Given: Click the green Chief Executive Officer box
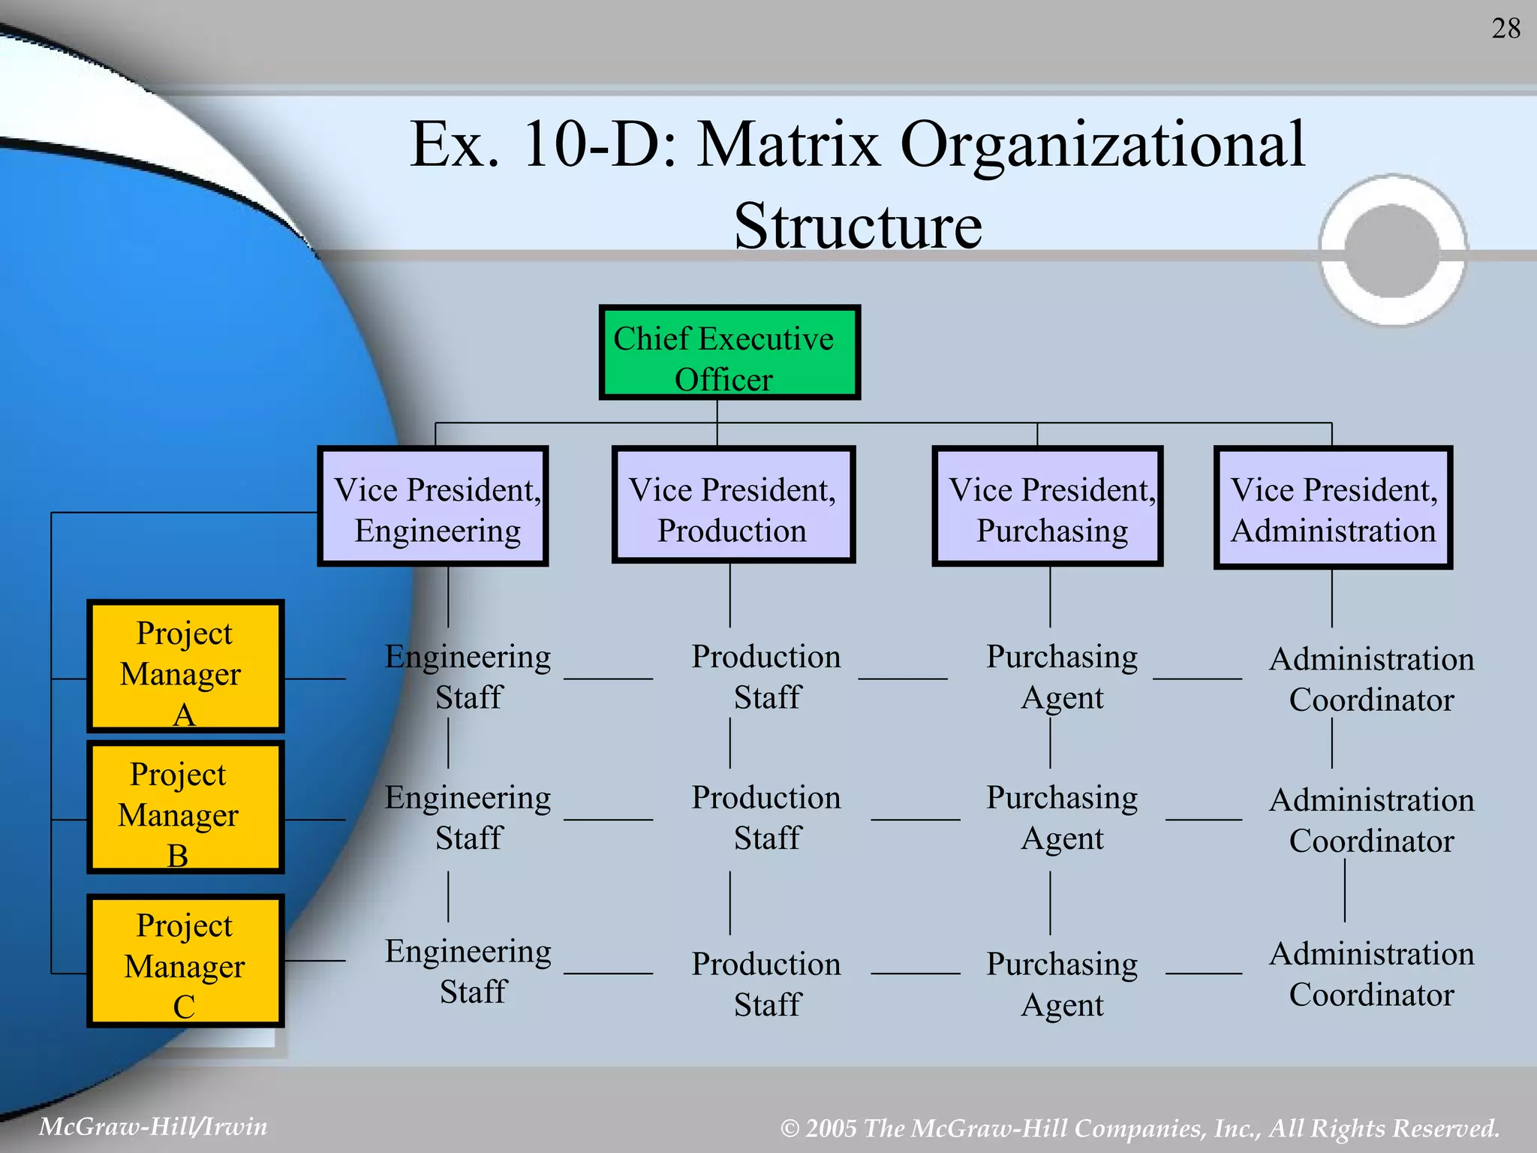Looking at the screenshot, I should pyautogui.click(x=729, y=352).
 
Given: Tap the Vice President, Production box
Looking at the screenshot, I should pyautogui.click(x=733, y=505).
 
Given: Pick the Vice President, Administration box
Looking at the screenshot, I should pyautogui.click(x=1333, y=508).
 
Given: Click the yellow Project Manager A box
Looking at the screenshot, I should pyautogui.click(x=185, y=666).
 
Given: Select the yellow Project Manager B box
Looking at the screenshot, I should pyautogui.click(x=185, y=807).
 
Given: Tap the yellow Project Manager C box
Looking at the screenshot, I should pyautogui.click(x=185, y=961).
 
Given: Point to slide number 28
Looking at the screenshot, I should pyautogui.click(x=1505, y=29).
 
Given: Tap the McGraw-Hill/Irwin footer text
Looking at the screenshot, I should pyautogui.click(x=153, y=1126).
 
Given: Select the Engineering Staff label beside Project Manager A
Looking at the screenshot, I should pyautogui.click(x=468, y=676).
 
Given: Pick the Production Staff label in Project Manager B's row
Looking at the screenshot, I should pyautogui.click(x=766, y=817).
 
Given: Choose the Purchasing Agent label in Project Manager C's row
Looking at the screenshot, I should pyautogui.click(x=1062, y=983).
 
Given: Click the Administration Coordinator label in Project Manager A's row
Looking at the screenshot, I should pyautogui.click(x=1371, y=679).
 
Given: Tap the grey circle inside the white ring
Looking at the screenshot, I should pyautogui.click(x=1392, y=251).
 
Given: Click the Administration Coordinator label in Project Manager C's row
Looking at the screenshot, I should pyautogui.click(x=1371, y=974).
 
